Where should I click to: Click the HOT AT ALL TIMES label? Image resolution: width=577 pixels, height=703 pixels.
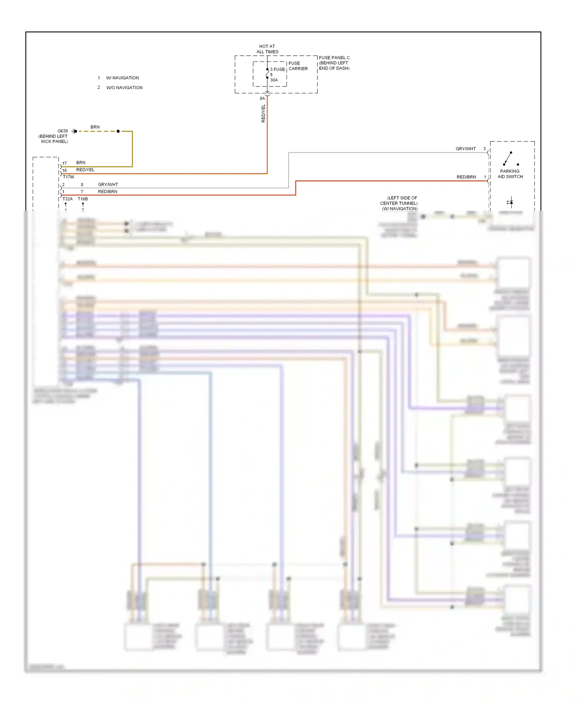[267, 49]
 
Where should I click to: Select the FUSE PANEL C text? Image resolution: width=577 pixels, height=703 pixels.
[334, 58]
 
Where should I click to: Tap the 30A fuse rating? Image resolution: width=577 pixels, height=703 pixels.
[273, 80]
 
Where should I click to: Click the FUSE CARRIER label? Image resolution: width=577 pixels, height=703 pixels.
[298, 66]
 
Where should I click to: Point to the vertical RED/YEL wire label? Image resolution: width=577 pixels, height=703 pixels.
[263, 113]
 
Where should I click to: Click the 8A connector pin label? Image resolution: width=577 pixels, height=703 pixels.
[262, 98]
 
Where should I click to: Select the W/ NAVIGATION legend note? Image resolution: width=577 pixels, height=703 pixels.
[122, 78]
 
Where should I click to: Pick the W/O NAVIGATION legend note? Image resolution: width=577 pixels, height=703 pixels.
[124, 88]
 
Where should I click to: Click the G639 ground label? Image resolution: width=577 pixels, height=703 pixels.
[63, 131]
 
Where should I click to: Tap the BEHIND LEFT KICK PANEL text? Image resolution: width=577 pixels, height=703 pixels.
[53, 139]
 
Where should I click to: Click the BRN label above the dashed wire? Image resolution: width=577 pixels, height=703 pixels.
[95, 127]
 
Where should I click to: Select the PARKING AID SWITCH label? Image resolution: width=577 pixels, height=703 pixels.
[510, 174]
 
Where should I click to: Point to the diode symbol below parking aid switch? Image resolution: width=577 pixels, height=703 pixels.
[510, 202]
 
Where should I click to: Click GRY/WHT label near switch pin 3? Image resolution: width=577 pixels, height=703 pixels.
[465, 149]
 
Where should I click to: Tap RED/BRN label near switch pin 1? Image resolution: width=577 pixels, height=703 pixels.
[466, 177]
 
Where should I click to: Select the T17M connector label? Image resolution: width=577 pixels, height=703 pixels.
[68, 177]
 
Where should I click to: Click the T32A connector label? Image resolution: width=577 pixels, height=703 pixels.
[68, 199]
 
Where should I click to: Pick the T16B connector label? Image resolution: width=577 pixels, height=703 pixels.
[83, 199]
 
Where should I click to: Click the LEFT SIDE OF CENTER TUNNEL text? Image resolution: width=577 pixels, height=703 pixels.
[399, 201]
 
